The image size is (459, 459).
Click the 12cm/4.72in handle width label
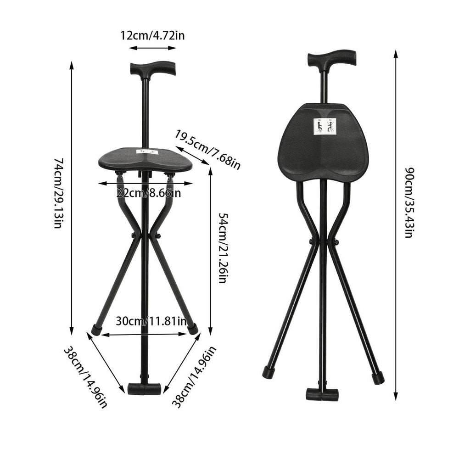(x=152, y=35)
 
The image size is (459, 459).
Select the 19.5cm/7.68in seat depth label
(x=207, y=150)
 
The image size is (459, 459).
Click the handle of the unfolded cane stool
(x=152, y=69)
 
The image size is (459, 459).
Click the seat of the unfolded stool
(x=145, y=161)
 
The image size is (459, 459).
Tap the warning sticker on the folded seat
(x=325, y=126)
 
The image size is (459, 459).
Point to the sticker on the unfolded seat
(x=146, y=151)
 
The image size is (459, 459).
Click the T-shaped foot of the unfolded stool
(x=144, y=389)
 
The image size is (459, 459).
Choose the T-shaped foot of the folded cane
(x=322, y=394)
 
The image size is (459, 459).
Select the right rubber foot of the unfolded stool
(x=193, y=329)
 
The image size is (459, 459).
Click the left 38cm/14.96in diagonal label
(x=86, y=376)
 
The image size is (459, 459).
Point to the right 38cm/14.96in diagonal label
(x=194, y=377)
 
